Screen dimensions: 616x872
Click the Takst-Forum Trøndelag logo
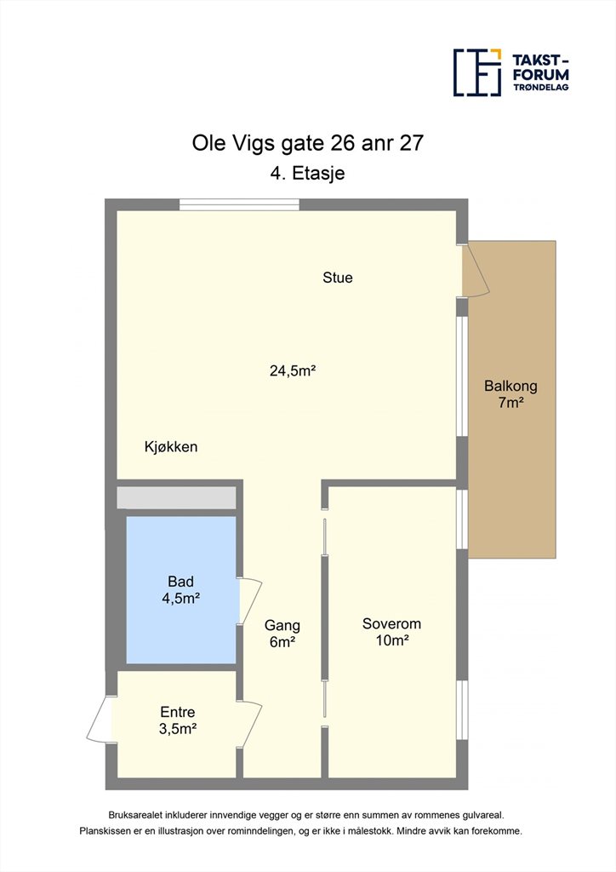pos(511,72)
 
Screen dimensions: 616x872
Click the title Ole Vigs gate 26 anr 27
pos(308,143)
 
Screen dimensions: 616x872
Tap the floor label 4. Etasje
pos(307,173)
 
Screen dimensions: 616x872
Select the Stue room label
pos(338,278)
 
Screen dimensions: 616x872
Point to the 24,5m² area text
pos(293,370)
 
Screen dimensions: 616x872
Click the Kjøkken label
pos(171,446)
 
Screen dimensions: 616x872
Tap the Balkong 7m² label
pos(511,393)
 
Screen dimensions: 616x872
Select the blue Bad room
pos(181,589)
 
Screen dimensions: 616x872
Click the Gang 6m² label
pos(282,634)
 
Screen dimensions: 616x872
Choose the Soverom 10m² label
pos(391,632)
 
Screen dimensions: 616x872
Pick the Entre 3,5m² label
pos(178,720)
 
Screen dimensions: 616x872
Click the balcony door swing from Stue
pos(476,270)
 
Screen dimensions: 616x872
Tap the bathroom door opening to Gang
pos(250,601)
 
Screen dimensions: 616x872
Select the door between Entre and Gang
pos(250,725)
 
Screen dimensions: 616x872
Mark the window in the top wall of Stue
pos(239,204)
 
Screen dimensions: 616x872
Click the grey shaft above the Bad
pos(177,497)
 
